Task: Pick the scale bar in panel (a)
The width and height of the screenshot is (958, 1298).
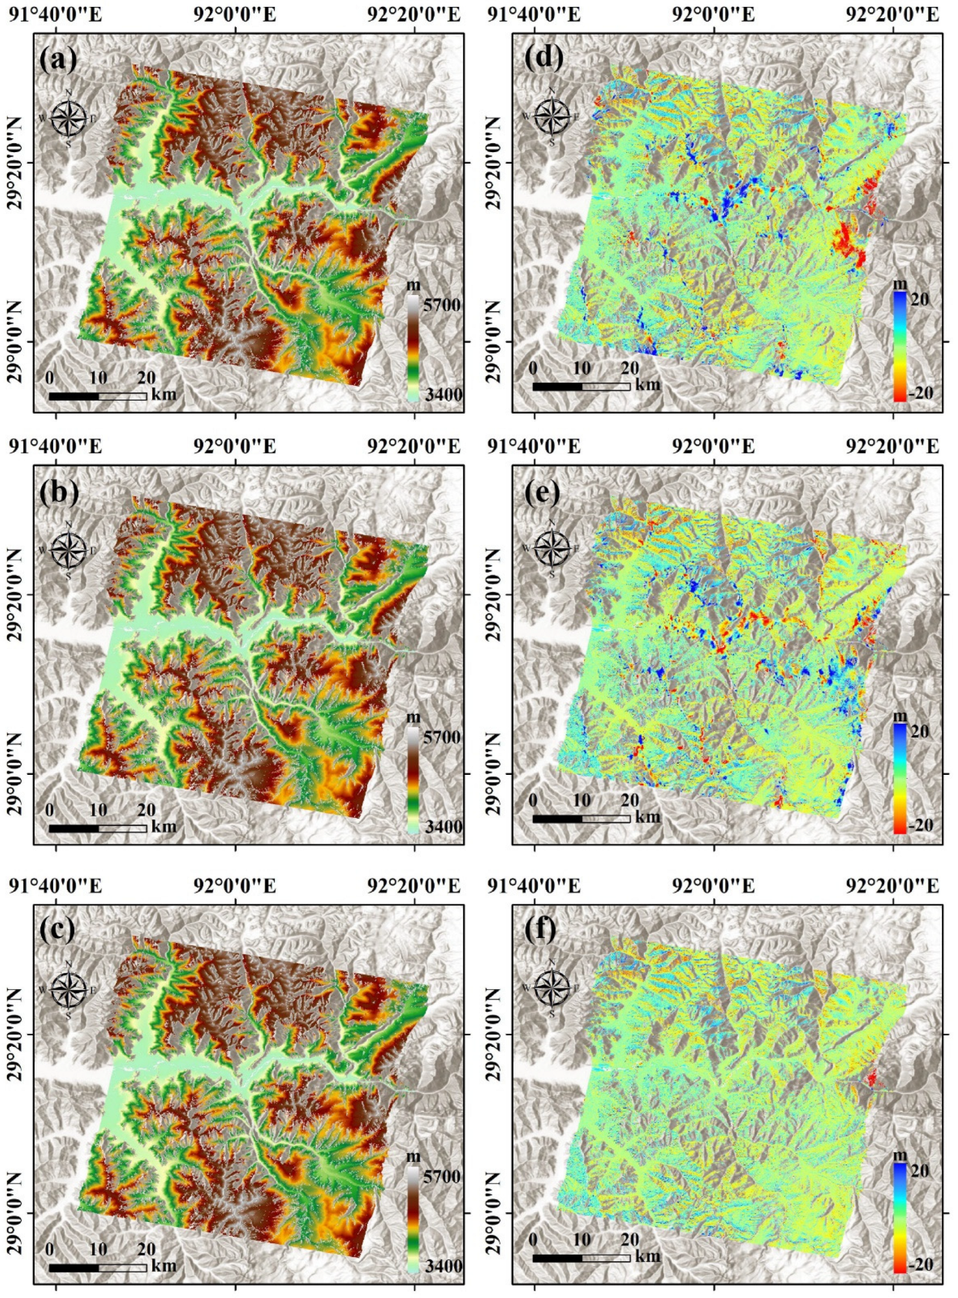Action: (97, 396)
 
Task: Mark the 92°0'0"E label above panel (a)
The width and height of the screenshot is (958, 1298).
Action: (235, 14)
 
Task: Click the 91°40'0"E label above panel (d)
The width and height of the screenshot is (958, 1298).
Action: (535, 14)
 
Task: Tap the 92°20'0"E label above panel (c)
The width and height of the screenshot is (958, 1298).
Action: (414, 880)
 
